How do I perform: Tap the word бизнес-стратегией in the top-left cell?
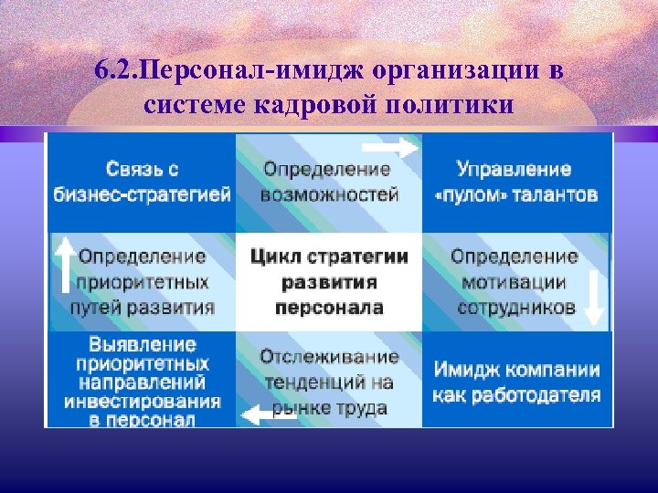[x=142, y=194]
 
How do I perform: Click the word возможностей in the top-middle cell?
[x=329, y=194]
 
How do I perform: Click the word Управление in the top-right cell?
[x=514, y=170]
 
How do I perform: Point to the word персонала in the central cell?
[x=329, y=307]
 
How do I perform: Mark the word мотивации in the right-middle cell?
[x=515, y=282]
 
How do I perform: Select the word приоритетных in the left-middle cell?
[x=143, y=282]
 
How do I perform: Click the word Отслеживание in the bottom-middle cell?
[x=329, y=357]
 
